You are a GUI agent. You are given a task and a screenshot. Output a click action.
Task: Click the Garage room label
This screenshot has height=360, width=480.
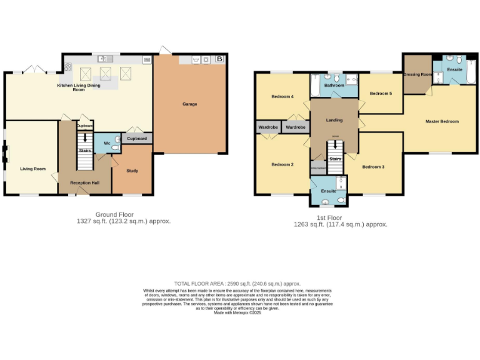[189, 104]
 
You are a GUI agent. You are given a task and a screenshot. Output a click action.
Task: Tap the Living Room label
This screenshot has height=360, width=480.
[32, 169]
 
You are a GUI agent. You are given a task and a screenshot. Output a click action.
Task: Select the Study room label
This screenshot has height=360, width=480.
[132, 171]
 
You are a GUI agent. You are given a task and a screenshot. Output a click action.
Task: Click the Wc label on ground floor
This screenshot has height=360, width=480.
[107, 143]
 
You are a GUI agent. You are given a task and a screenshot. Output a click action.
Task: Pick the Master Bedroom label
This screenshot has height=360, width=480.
[442, 121]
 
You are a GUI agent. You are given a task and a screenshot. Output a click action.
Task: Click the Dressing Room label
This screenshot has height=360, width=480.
[417, 74]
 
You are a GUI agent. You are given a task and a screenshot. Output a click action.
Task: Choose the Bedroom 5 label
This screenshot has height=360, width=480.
[381, 93]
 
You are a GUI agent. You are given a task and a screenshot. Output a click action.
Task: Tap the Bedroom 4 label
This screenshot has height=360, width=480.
[282, 96]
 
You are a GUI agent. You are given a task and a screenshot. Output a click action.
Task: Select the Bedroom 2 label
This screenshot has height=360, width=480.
[282, 164]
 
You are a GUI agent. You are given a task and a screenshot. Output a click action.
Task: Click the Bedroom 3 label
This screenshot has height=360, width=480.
[373, 167]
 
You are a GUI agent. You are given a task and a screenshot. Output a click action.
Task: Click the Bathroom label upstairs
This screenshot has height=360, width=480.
[334, 85]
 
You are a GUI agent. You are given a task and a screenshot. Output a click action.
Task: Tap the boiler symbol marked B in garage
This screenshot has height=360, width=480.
[219, 59]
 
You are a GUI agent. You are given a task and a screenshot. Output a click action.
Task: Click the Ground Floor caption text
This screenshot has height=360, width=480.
[114, 214]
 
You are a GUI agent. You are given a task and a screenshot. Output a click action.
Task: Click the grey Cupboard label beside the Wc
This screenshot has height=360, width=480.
[137, 138]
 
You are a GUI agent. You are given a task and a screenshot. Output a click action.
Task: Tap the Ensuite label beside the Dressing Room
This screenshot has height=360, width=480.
[454, 69]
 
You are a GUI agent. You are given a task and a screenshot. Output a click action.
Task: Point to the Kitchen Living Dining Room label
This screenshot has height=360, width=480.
[79, 87]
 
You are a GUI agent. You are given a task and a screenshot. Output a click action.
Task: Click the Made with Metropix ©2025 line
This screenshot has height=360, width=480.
[237, 312]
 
